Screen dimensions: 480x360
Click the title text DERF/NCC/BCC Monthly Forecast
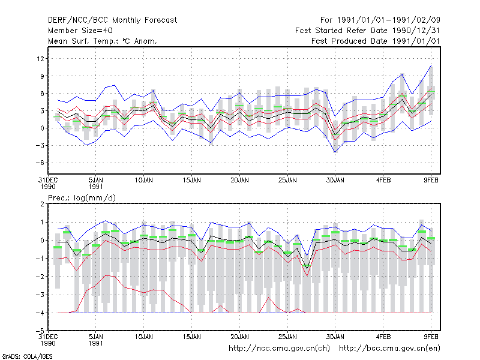tap(112, 20)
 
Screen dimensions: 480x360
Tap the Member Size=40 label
tap(80, 31)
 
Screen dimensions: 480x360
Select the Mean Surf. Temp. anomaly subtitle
tap(103, 41)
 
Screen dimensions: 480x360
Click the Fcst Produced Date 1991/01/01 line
tap(376, 41)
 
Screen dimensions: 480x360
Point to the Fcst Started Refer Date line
tap(368, 31)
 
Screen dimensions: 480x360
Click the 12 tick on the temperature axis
tap(40, 58)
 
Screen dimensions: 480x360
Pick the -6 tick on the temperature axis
tap(40, 163)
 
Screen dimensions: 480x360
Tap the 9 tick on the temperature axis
tap(42, 76)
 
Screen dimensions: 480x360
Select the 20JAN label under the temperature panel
tap(239, 180)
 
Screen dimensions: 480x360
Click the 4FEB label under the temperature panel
tap(383, 180)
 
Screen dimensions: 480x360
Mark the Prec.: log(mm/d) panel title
tap(82, 198)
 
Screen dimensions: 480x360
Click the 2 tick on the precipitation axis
tap(42, 204)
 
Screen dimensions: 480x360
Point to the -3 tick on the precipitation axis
tap(40, 295)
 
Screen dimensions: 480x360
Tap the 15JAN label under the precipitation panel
tap(191, 337)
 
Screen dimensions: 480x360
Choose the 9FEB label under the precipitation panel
tap(431, 337)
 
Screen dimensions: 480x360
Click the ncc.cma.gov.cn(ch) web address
tap(279, 349)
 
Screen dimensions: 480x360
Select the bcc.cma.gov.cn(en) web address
tap(389, 349)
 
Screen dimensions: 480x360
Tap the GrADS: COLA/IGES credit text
tap(27, 356)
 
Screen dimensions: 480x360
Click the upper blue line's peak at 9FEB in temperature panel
tap(431, 65)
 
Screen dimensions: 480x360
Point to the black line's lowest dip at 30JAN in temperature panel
tap(335, 135)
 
